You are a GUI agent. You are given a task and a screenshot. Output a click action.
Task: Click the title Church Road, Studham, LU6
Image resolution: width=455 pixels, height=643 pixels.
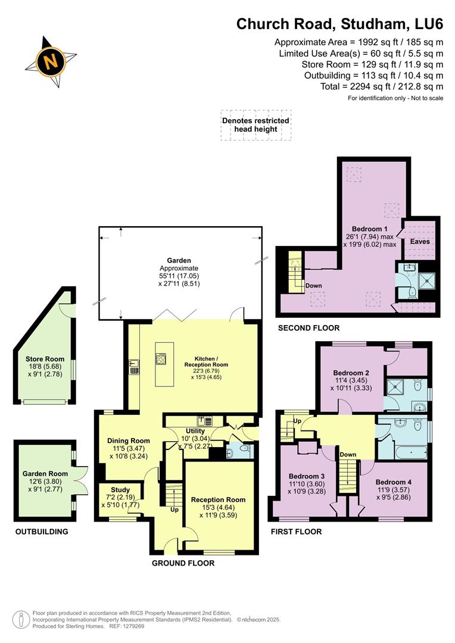339,24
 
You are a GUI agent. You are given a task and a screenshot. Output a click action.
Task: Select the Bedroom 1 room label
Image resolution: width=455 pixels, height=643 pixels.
370,229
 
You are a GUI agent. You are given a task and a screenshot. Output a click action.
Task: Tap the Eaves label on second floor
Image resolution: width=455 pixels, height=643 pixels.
420,242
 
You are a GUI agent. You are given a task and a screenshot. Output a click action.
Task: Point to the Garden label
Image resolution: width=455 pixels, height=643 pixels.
179,260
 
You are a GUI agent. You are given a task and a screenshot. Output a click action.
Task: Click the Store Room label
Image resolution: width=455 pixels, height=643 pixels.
45,359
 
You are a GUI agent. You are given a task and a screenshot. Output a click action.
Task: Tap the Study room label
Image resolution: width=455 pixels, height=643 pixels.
119,490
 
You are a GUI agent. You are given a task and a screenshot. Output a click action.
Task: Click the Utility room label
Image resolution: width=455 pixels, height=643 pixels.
195,431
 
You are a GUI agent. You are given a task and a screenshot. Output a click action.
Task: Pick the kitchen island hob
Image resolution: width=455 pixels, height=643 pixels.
161,358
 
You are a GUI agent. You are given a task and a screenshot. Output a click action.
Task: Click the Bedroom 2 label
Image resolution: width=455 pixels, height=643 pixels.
351,373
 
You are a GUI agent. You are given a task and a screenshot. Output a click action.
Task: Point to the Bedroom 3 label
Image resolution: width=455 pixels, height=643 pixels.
307,476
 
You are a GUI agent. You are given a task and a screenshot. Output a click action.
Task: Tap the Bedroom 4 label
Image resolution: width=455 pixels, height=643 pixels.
393,482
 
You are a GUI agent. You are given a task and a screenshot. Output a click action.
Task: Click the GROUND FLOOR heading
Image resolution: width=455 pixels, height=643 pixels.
183,563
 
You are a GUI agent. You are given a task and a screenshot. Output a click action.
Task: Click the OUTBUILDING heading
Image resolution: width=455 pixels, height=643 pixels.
42,532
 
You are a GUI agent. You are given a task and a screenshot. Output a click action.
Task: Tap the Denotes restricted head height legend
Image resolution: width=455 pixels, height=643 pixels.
255,124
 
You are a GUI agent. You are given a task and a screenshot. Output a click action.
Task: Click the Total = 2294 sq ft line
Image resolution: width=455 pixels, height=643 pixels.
382,86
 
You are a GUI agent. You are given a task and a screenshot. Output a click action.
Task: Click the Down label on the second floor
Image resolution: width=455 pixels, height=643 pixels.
314,286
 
